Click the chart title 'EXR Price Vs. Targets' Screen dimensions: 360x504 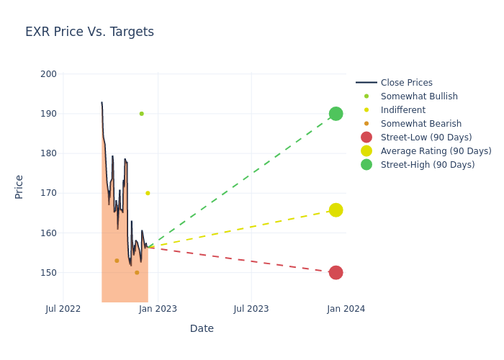point(89,32)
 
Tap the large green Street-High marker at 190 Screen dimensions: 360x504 point(336,114)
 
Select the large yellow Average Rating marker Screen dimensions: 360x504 point(336,210)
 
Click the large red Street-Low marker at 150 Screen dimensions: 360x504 point(336,272)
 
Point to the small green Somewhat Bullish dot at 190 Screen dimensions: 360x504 point(141,114)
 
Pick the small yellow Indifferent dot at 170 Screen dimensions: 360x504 point(148,193)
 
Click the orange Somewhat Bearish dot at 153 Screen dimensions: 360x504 point(117,261)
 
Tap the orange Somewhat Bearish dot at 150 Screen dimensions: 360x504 point(137,272)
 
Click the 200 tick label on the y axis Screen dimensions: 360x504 point(49,74)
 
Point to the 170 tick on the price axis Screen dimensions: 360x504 point(49,193)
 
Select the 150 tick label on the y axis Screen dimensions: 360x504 point(49,273)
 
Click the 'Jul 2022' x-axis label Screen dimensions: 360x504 point(63,309)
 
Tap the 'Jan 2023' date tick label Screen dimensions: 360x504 point(158,309)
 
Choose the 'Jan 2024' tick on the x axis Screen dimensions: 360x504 point(346,309)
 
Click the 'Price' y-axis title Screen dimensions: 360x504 point(19,186)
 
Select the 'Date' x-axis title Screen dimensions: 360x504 point(202,328)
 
